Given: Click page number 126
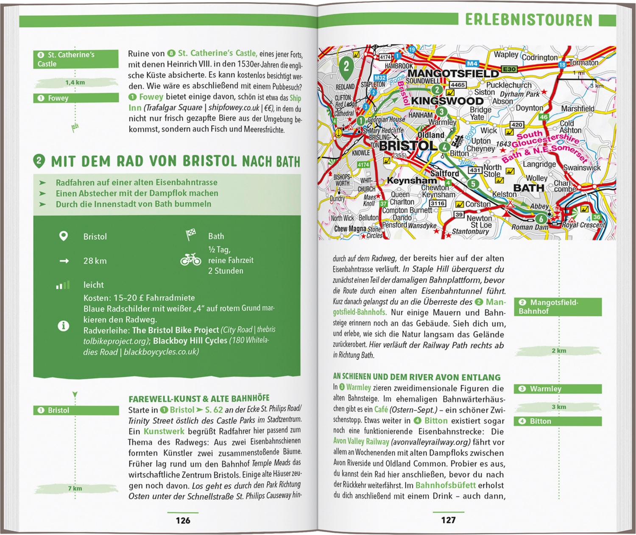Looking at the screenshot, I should [183, 520].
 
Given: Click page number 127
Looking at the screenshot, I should [448, 520].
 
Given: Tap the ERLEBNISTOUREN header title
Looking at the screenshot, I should [528, 20].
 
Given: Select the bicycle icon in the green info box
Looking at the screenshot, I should [191, 259].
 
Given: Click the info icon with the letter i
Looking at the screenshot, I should [63, 326].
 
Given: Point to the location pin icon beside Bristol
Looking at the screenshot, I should [63, 236].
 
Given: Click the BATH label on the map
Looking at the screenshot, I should [528, 188].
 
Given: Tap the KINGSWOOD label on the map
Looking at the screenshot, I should [447, 101].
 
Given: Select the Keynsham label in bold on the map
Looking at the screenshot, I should [411, 180].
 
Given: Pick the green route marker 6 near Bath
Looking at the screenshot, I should [541, 219].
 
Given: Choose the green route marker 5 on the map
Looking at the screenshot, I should [473, 184].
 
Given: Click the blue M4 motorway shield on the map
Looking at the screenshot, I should [472, 64].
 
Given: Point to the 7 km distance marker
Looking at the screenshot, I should [75, 488].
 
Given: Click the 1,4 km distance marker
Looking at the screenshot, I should [75, 82].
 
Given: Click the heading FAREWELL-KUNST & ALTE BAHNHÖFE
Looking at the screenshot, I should [199, 398].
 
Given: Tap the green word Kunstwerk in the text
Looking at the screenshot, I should [164, 431].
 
